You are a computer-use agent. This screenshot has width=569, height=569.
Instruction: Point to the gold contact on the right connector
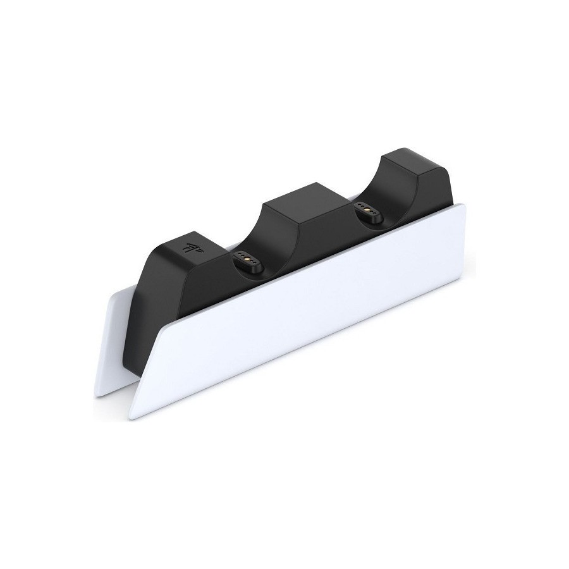(x=367, y=209)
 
